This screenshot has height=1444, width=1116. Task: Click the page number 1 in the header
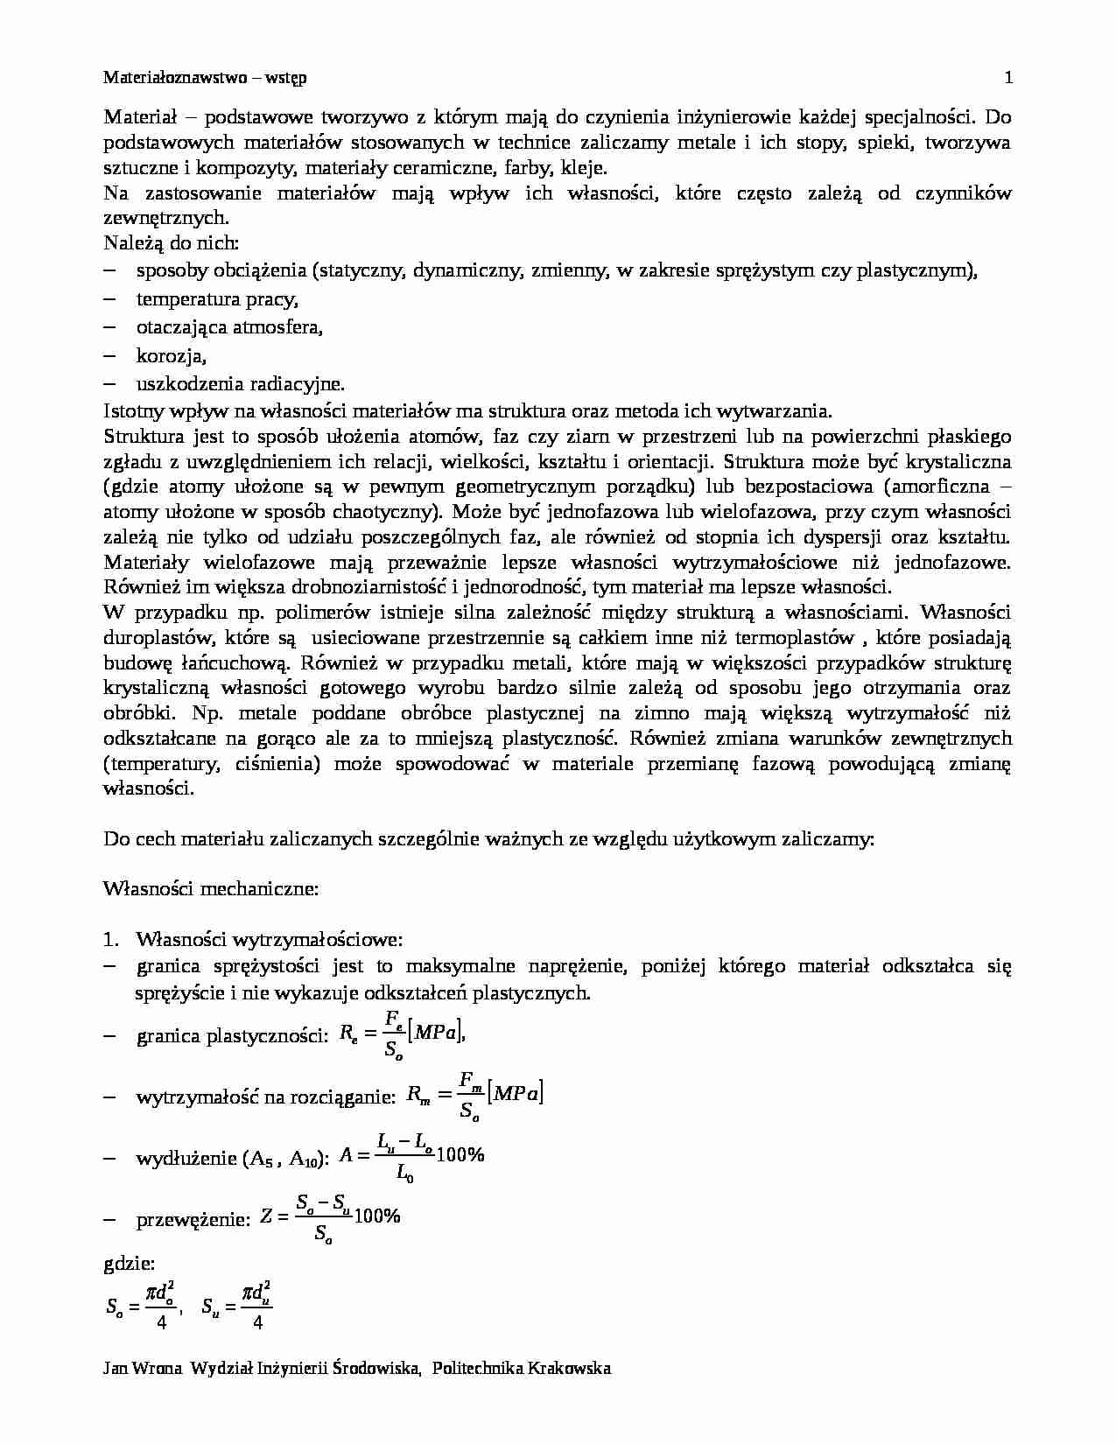tap(1008, 78)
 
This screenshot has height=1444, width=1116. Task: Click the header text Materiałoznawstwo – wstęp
tap(205, 78)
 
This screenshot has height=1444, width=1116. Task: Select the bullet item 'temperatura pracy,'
tap(217, 299)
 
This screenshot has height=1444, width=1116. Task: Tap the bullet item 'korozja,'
tap(172, 355)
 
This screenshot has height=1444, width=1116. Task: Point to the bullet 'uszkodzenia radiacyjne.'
tap(240, 383)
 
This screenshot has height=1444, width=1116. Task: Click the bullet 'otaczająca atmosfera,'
tap(229, 327)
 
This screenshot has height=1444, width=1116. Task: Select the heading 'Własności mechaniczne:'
tap(211, 889)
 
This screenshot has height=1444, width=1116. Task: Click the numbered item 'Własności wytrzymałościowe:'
tap(269, 940)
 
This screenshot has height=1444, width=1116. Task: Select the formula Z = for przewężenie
tap(330, 1218)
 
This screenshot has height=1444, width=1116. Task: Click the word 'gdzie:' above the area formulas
tap(129, 1264)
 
